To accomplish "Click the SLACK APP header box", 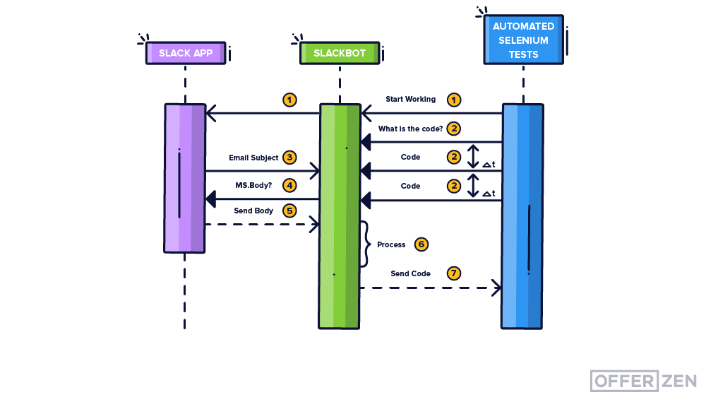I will [x=186, y=54].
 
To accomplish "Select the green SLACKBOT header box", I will [x=340, y=54].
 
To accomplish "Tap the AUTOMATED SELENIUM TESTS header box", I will [x=523, y=40].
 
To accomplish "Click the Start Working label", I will [x=410, y=100].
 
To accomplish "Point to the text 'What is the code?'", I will [x=410, y=129].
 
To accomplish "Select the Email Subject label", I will [x=253, y=158].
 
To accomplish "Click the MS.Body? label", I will [x=253, y=186].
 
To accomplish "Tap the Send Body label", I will [x=253, y=211].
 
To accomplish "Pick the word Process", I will [x=391, y=244].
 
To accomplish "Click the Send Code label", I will [x=410, y=273].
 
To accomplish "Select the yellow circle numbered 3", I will [x=289, y=157].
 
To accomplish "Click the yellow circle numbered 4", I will [x=289, y=185].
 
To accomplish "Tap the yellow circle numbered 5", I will [x=289, y=211].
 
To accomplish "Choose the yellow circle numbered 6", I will [x=421, y=244].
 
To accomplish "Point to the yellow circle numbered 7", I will [x=454, y=273].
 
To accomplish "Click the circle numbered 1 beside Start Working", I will [x=454, y=100].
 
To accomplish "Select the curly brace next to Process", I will [x=365, y=244].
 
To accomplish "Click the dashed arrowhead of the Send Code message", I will [x=496, y=288].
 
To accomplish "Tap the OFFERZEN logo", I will [x=643, y=381].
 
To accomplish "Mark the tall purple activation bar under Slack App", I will [x=185, y=178].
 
